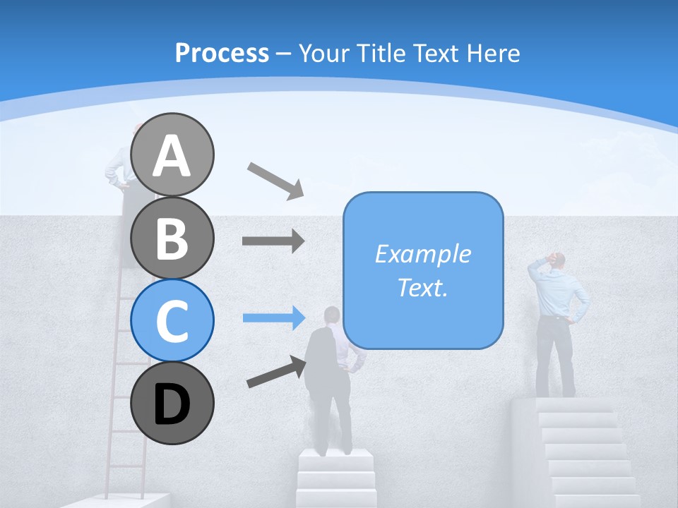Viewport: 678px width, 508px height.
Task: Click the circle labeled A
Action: pyautogui.click(x=172, y=155)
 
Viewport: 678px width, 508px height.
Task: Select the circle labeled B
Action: pyautogui.click(x=172, y=238)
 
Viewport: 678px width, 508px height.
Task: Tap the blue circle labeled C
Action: pyautogui.click(x=172, y=320)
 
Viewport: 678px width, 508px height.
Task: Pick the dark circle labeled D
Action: pyautogui.click(x=172, y=403)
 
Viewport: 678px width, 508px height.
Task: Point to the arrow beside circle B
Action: pyautogui.click(x=273, y=241)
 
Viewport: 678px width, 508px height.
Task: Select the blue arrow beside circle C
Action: pyautogui.click(x=273, y=317)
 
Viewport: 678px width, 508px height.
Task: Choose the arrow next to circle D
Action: pyautogui.click(x=276, y=372)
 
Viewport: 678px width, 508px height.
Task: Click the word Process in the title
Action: pyautogui.click(x=222, y=53)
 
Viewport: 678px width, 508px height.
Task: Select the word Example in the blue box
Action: pyautogui.click(x=422, y=254)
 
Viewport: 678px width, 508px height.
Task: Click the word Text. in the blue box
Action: pyautogui.click(x=422, y=287)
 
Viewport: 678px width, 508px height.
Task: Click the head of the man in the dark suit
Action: pyautogui.click(x=331, y=315)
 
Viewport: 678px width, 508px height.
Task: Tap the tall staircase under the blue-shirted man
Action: pyautogui.click(x=586, y=452)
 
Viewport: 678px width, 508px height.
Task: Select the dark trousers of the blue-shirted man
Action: pyautogui.click(x=554, y=356)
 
